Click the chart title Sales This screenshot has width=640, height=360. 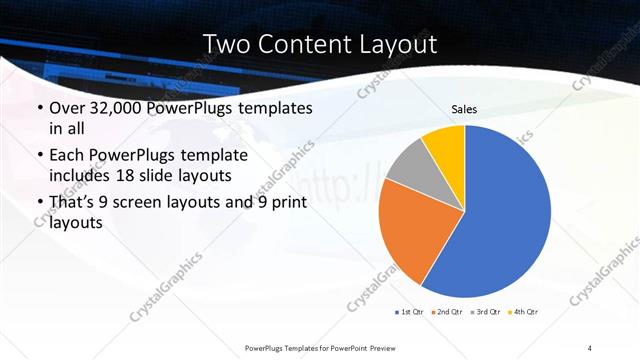click(x=464, y=109)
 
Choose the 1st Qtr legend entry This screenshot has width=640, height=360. click(x=410, y=313)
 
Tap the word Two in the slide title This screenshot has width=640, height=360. click(x=227, y=44)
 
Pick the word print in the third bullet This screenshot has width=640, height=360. click(x=286, y=203)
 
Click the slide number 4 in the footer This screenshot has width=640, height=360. click(x=590, y=347)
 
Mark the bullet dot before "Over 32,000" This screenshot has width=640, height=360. click(x=39, y=109)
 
